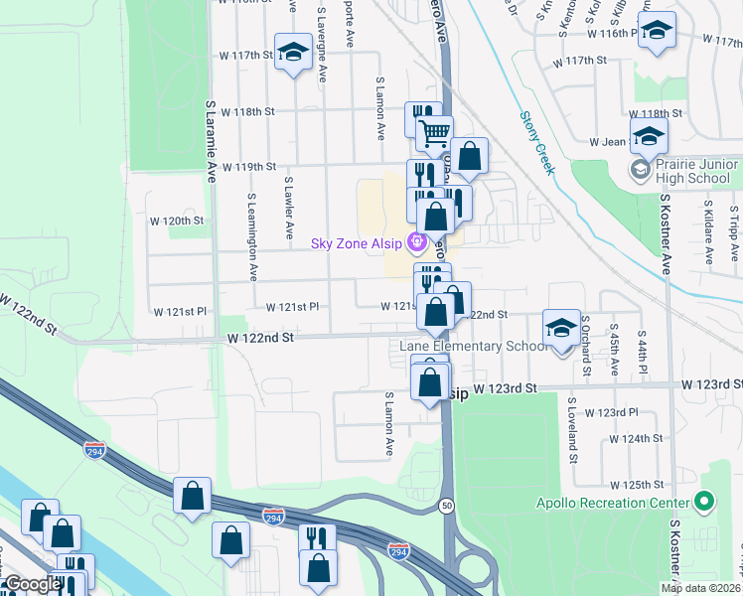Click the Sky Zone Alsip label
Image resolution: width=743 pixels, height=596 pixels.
pyautogui.click(x=356, y=243)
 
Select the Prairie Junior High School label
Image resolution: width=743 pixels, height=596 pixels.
pyautogui.click(x=692, y=171)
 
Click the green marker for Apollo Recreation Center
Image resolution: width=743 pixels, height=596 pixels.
pyautogui.click(x=705, y=503)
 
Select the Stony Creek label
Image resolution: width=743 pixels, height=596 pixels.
pyautogui.click(x=537, y=144)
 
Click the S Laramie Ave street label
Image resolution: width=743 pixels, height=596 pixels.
pyautogui.click(x=211, y=139)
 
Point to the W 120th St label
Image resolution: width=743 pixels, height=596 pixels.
pyautogui.click(x=176, y=220)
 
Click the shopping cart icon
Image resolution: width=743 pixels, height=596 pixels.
pyautogui.click(x=433, y=133)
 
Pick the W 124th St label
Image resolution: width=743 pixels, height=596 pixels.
pyautogui.click(x=636, y=438)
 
